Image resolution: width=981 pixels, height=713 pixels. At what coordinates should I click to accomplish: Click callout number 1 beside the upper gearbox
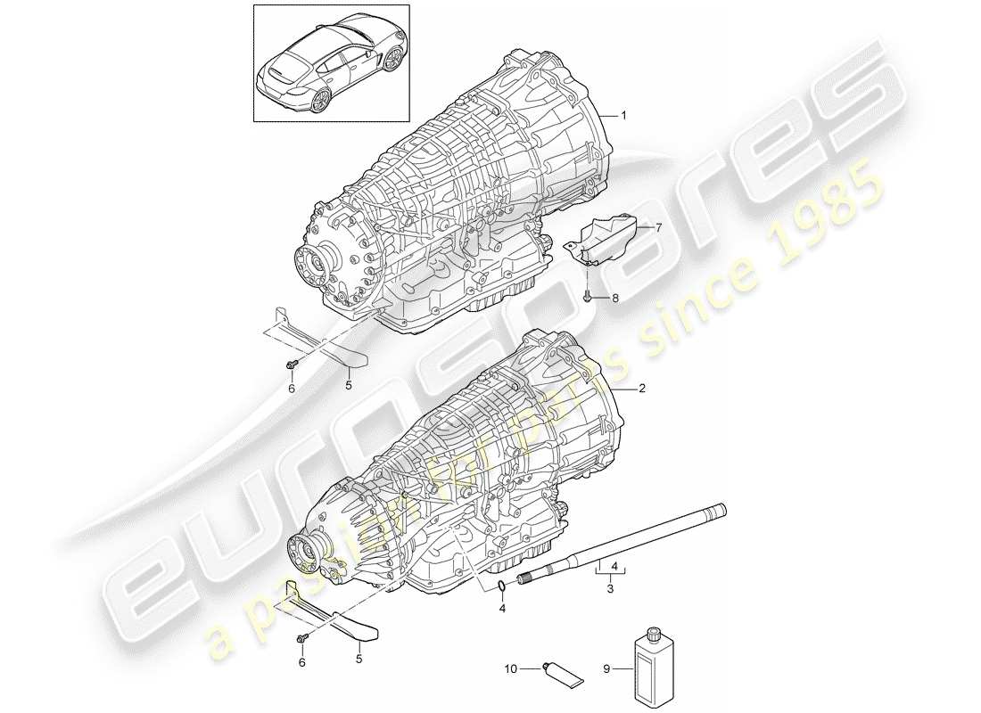(x=624, y=116)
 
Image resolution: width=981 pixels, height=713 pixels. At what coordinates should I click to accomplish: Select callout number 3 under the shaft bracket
(x=610, y=589)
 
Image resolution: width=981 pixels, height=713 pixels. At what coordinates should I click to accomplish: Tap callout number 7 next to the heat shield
(x=659, y=228)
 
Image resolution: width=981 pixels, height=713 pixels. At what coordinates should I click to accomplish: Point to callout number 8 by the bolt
(x=614, y=299)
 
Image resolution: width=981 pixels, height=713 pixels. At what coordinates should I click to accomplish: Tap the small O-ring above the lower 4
(x=504, y=586)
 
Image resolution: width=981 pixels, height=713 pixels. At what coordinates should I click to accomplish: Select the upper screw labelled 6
(x=292, y=365)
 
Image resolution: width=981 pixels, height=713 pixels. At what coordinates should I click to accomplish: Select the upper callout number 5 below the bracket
(x=349, y=387)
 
